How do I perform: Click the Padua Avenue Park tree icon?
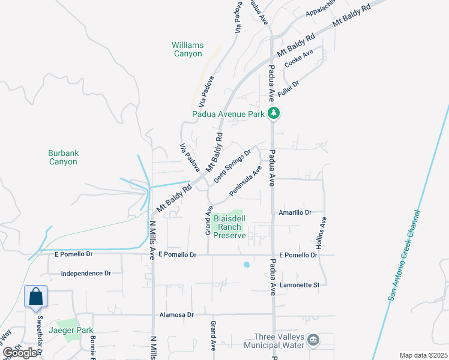click(274, 113)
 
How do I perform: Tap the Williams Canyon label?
click(188, 49)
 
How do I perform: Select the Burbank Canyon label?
click(63, 157)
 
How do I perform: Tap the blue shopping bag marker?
click(35, 296)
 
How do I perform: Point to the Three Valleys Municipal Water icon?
click(313, 340)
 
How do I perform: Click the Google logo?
click(20, 353)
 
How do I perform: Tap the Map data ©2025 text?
click(423, 355)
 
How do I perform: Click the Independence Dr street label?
click(86, 274)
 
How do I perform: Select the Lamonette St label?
click(298, 285)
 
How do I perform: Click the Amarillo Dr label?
click(295, 212)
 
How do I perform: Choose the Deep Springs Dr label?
click(232, 163)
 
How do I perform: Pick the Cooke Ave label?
click(299, 59)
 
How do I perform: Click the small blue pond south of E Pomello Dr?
click(246, 264)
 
